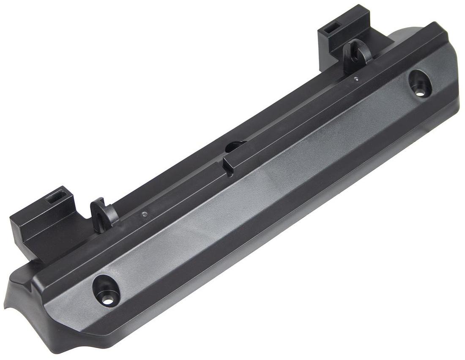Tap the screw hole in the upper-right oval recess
click(419, 92)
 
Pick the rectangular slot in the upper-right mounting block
click(331, 29)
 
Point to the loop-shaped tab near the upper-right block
click(356, 54)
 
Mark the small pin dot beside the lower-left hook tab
click(144, 214)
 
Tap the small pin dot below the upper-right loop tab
click(356, 78)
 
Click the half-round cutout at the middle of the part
click(235, 146)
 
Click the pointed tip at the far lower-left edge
click(5, 306)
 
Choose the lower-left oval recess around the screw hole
click(106, 289)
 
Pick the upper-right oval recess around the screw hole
click(419, 82)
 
